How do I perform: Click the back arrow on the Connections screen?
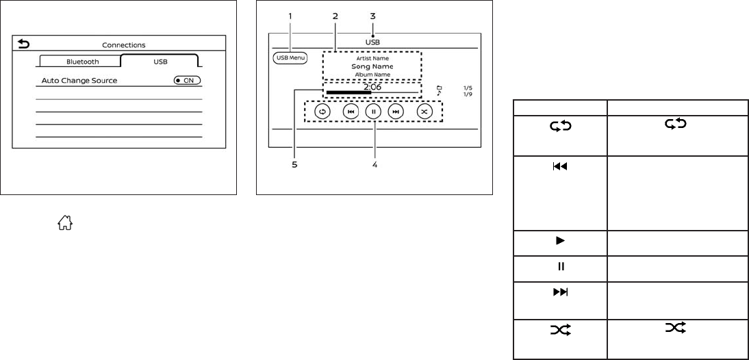24,44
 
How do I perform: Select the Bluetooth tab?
82,61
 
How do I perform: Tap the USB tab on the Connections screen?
160,61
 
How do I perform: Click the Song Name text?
372,66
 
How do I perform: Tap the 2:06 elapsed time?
372,87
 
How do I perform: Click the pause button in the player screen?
372,112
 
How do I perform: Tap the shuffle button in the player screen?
424,112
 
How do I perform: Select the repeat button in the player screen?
321,112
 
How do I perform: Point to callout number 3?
372,15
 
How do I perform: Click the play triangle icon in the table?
559,242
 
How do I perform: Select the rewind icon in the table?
559,166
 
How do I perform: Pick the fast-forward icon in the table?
559,291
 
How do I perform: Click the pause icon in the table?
559,266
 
